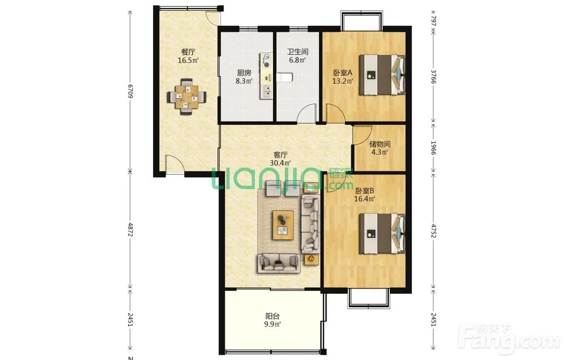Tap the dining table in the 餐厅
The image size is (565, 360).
(186, 97)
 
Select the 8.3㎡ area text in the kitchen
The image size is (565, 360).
(244, 81)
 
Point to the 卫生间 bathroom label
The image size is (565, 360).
(298, 52)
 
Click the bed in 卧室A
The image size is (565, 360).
(382, 75)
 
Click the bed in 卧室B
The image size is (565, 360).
(382, 233)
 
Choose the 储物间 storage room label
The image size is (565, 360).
(380, 144)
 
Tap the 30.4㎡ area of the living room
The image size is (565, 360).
(280, 163)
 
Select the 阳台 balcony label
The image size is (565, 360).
(272, 316)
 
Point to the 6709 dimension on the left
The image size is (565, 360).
(130, 90)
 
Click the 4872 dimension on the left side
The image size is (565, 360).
(130, 229)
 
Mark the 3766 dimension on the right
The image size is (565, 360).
(433, 77)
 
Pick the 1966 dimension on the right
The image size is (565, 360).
(433, 148)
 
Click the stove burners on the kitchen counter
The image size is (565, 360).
(267, 60)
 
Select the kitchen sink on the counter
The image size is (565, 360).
(267, 91)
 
